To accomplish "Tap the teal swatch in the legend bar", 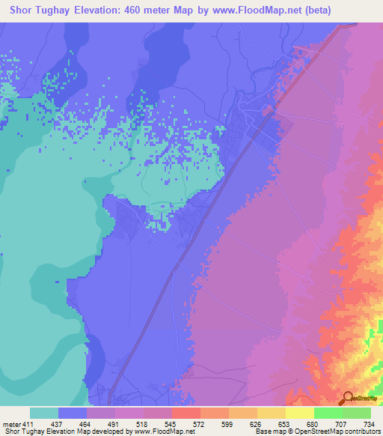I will pos(44,413).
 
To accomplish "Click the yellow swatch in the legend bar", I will pos(299,413).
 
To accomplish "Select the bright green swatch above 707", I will pos(328,413).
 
